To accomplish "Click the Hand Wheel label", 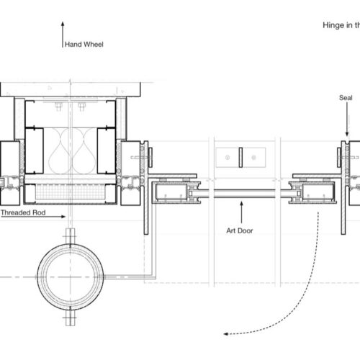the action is click(x=84, y=45).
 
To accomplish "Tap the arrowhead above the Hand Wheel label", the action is click(x=63, y=24).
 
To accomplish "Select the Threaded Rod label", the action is click(x=23, y=212).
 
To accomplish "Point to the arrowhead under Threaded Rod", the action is click(x=63, y=217).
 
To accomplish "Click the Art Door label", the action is click(x=240, y=230).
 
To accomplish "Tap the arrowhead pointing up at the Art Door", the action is click(x=241, y=204).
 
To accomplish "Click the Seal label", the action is click(x=346, y=98).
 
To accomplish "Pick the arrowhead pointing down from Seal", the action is click(x=347, y=134).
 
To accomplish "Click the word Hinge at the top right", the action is click(x=334, y=25).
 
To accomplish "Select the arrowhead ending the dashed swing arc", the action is click(x=225, y=333).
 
